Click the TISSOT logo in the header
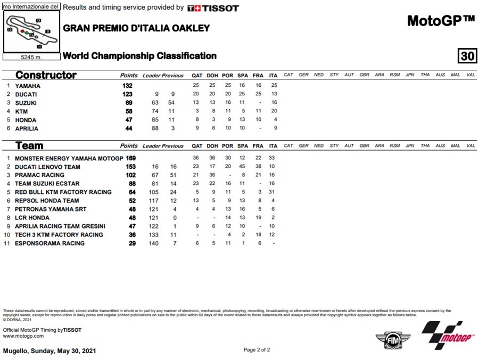tap(213, 8)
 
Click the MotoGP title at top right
tap(441, 21)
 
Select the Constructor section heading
tap(46, 75)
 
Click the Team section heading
tap(29, 145)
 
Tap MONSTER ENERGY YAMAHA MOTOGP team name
tap(69, 158)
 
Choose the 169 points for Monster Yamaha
tap(130, 158)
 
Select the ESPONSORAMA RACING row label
tap(49, 243)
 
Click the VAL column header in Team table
tap(470, 145)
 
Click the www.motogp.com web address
tap(23, 336)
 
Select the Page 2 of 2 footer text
tap(257, 350)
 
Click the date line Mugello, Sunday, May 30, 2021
tap(49, 351)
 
